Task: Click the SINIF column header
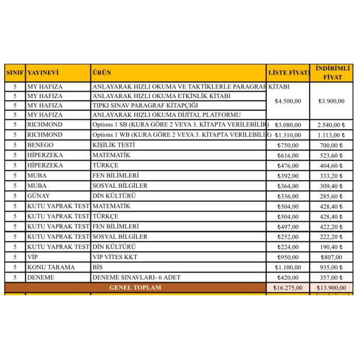tap(15, 73)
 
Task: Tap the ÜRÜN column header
tap(102, 73)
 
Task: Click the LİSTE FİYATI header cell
tap(288, 73)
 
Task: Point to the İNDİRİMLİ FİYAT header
tap(332, 73)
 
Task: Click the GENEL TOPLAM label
tap(135, 287)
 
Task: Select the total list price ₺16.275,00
tap(288, 287)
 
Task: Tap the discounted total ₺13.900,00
tap(332, 287)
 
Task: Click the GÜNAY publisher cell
tap(39, 196)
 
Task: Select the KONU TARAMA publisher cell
tap(51, 267)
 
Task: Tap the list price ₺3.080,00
tap(288, 124)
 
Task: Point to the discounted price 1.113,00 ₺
tap(332, 135)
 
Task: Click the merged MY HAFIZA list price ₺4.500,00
tap(288, 101)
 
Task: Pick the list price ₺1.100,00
tap(288, 267)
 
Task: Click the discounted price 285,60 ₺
tap(332, 196)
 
